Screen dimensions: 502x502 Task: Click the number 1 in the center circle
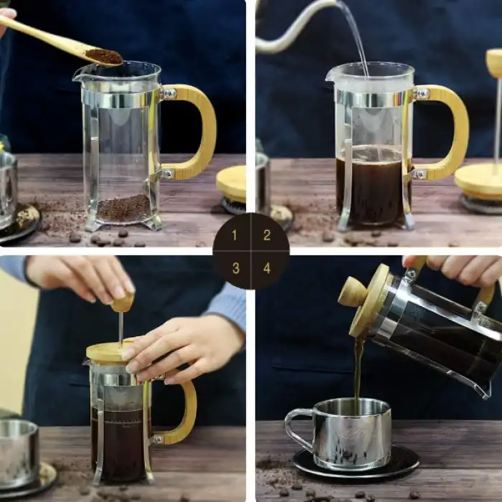click(x=235, y=235)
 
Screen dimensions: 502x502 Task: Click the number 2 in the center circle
click(x=267, y=235)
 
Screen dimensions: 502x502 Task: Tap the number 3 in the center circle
click(x=235, y=268)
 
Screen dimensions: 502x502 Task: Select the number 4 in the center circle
click(x=267, y=268)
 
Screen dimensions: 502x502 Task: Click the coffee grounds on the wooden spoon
click(x=105, y=56)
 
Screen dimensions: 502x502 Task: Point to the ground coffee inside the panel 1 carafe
click(x=123, y=209)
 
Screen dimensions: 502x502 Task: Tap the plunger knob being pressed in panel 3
click(x=123, y=302)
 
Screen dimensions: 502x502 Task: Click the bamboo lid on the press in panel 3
click(x=108, y=351)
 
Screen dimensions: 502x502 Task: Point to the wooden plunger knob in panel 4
click(x=353, y=292)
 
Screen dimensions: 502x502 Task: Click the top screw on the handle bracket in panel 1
click(x=169, y=93)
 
